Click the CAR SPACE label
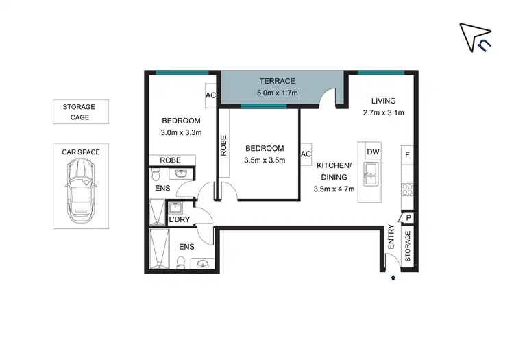pyautogui.click(x=81, y=152)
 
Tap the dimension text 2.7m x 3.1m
pyautogui.click(x=383, y=113)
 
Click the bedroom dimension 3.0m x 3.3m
pyautogui.click(x=181, y=133)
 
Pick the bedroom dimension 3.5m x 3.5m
pyautogui.click(x=265, y=160)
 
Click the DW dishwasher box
pyautogui.click(x=372, y=152)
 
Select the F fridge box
pyautogui.click(x=406, y=154)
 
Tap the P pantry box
pyautogui.click(x=408, y=218)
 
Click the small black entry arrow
pyautogui.click(x=393, y=278)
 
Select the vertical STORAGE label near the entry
pyautogui.click(x=407, y=246)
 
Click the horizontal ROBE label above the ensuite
pyautogui.click(x=171, y=160)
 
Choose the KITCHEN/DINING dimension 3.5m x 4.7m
pyautogui.click(x=334, y=189)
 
